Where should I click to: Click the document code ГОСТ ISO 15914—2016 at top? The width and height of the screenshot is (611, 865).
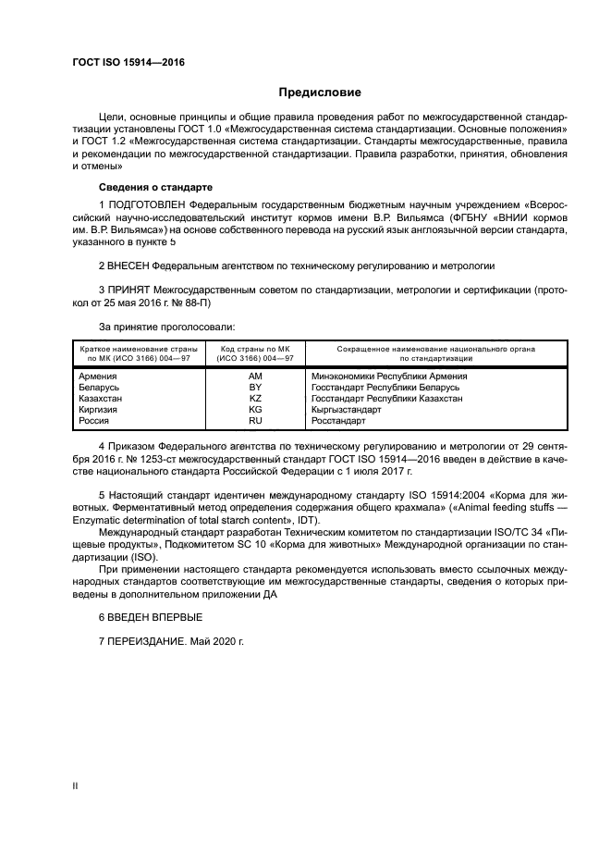[128, 63]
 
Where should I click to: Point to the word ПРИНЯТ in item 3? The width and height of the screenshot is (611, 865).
[130, 289]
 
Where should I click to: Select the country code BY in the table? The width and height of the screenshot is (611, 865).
[255, 388]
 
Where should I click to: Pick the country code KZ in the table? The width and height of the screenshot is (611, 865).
[255, 399]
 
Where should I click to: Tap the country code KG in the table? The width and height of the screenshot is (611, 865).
[255, 410]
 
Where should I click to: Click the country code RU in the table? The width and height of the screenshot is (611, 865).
[255, 421]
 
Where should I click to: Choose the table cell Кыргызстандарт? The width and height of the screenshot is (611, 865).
[346, 410]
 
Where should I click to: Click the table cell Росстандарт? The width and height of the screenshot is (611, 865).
[338, 421]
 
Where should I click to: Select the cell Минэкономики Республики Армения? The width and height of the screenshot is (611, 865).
[389, 377]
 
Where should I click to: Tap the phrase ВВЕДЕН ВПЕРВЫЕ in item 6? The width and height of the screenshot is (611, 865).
[155, 616]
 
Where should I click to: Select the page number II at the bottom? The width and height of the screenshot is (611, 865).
[76, 786]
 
